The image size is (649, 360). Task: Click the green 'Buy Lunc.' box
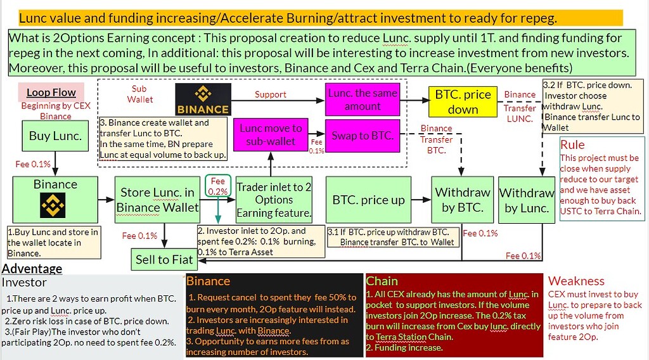[55, 136]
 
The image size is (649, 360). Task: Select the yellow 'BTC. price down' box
[463, 101]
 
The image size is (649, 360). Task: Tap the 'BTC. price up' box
[368, 200]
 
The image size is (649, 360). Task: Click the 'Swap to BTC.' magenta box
[363, 135]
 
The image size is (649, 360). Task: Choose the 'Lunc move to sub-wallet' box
[271, 134]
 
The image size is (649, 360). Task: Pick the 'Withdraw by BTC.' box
[463, 200]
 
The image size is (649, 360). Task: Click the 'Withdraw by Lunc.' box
[527, 200]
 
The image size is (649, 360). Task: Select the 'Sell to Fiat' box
[164, 259]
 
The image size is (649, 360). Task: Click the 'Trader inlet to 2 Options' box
[274, 200]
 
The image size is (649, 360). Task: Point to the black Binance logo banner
[203, 100]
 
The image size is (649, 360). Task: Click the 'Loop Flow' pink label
[51, 93]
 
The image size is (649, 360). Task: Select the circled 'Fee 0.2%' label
[218, 186]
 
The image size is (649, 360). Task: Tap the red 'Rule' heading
[572, 145]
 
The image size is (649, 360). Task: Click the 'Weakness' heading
[576, 281]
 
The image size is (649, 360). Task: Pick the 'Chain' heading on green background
[382, 281]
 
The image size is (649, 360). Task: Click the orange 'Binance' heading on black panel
[209, 281]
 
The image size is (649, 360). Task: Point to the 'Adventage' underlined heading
[32, 269]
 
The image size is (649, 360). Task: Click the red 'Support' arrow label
[271, 94]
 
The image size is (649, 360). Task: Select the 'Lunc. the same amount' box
[363, 100]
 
